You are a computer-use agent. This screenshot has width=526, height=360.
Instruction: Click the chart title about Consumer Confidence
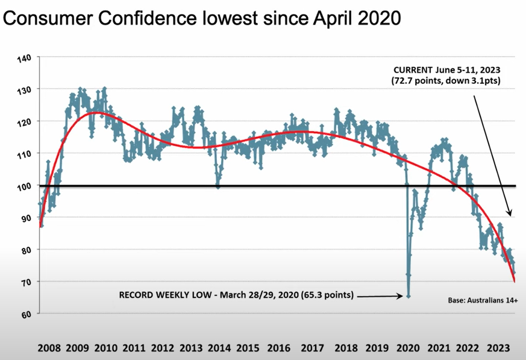click(x=202, y=19)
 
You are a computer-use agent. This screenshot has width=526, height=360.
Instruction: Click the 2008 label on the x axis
click(x=49, y=348)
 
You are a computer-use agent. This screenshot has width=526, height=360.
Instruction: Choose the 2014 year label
click(x=220, y=348)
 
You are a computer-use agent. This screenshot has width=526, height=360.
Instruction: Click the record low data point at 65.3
click(x=409, y=296)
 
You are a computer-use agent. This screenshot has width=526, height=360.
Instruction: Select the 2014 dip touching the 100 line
click(x=218, y=186)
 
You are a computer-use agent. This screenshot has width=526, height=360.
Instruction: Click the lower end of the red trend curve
click(x=515, y=281)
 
